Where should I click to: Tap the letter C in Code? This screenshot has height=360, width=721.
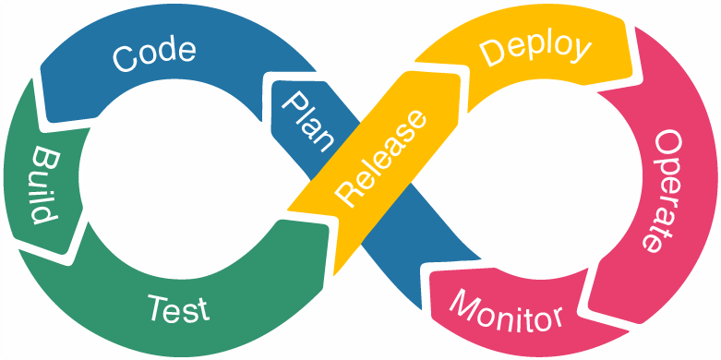tap(124, 58)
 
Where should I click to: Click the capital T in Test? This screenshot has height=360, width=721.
tap(157, 304)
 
